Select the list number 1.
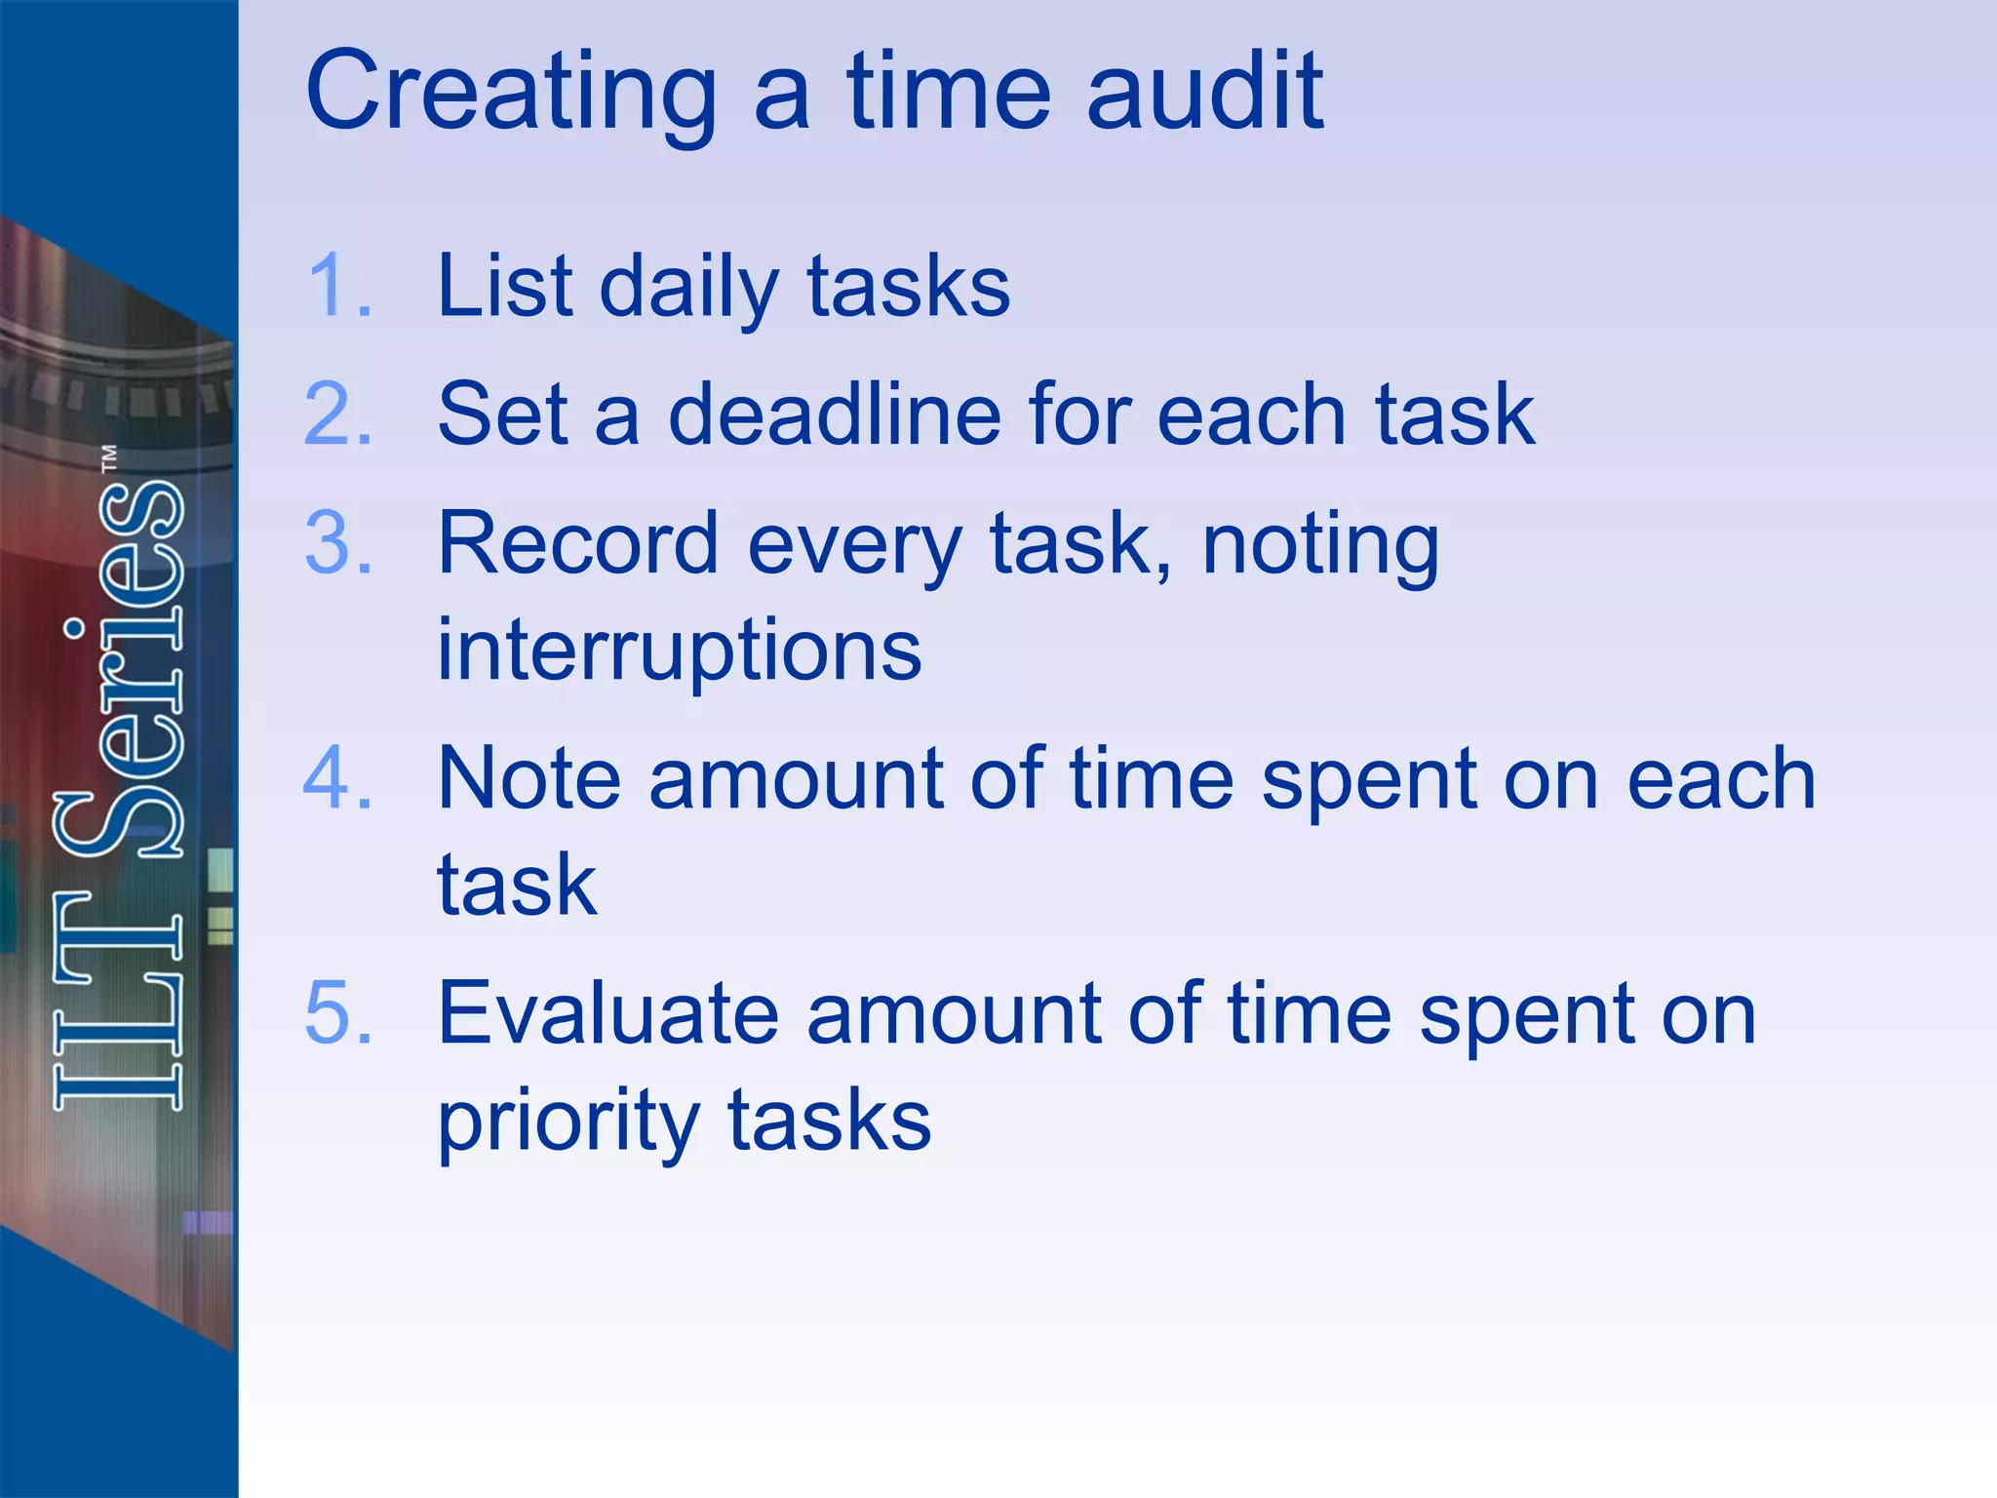pos(337,285)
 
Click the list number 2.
pos(337,414)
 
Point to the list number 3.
pos(337,543)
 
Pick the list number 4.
pos(337,778)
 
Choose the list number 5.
pos(337,1013)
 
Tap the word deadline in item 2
pos(834,414)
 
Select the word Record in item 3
pos(577,543)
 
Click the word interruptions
pos(679,651)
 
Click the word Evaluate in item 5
pos(607,1013)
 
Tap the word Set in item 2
pos(502,414)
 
